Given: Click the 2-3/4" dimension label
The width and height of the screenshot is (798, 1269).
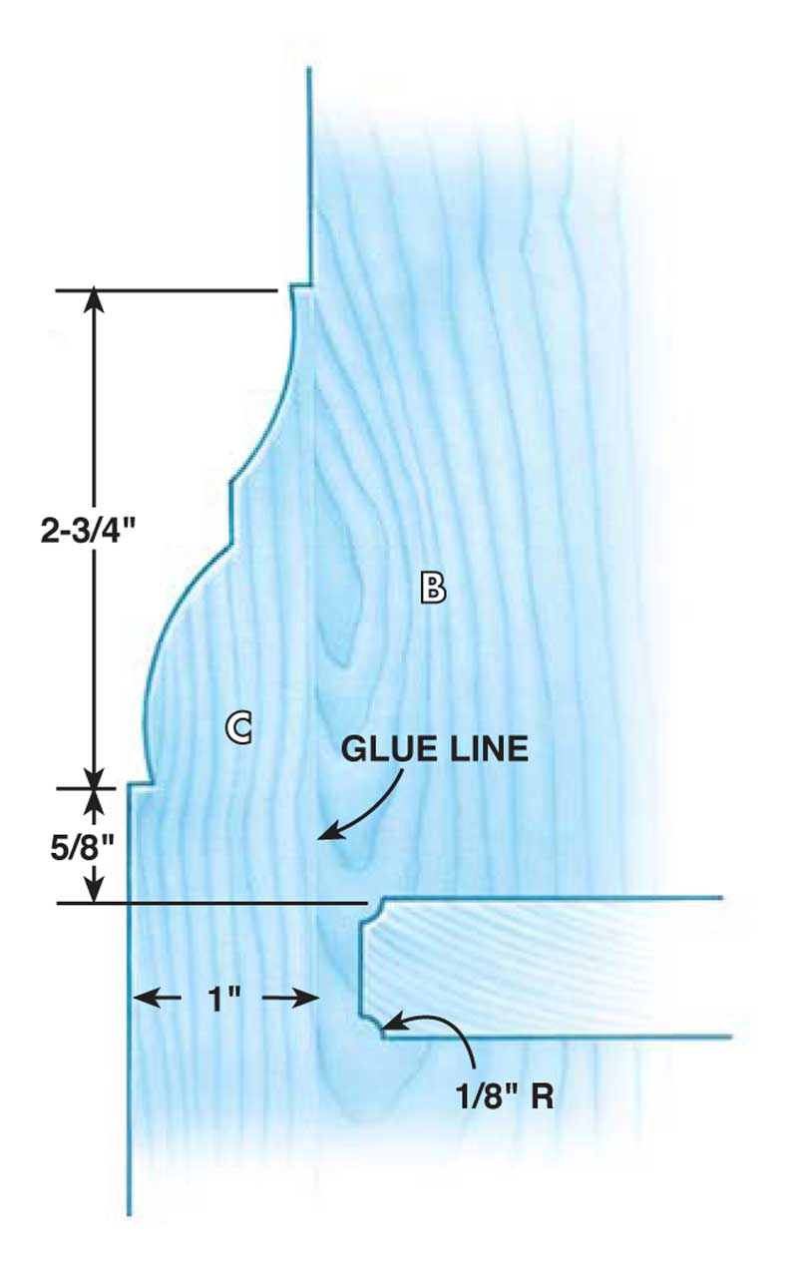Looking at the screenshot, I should [87, 530].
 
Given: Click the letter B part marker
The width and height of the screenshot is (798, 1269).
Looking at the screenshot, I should [432, 589].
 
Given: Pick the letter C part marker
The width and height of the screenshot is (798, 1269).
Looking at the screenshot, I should [237, 727].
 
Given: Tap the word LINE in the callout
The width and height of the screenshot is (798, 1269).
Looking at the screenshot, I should [489, 749].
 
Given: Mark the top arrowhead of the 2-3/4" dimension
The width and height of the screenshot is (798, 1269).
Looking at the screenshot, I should [94, 297].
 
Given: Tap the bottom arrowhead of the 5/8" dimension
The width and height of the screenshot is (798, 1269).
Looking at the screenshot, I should [94, 896].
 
